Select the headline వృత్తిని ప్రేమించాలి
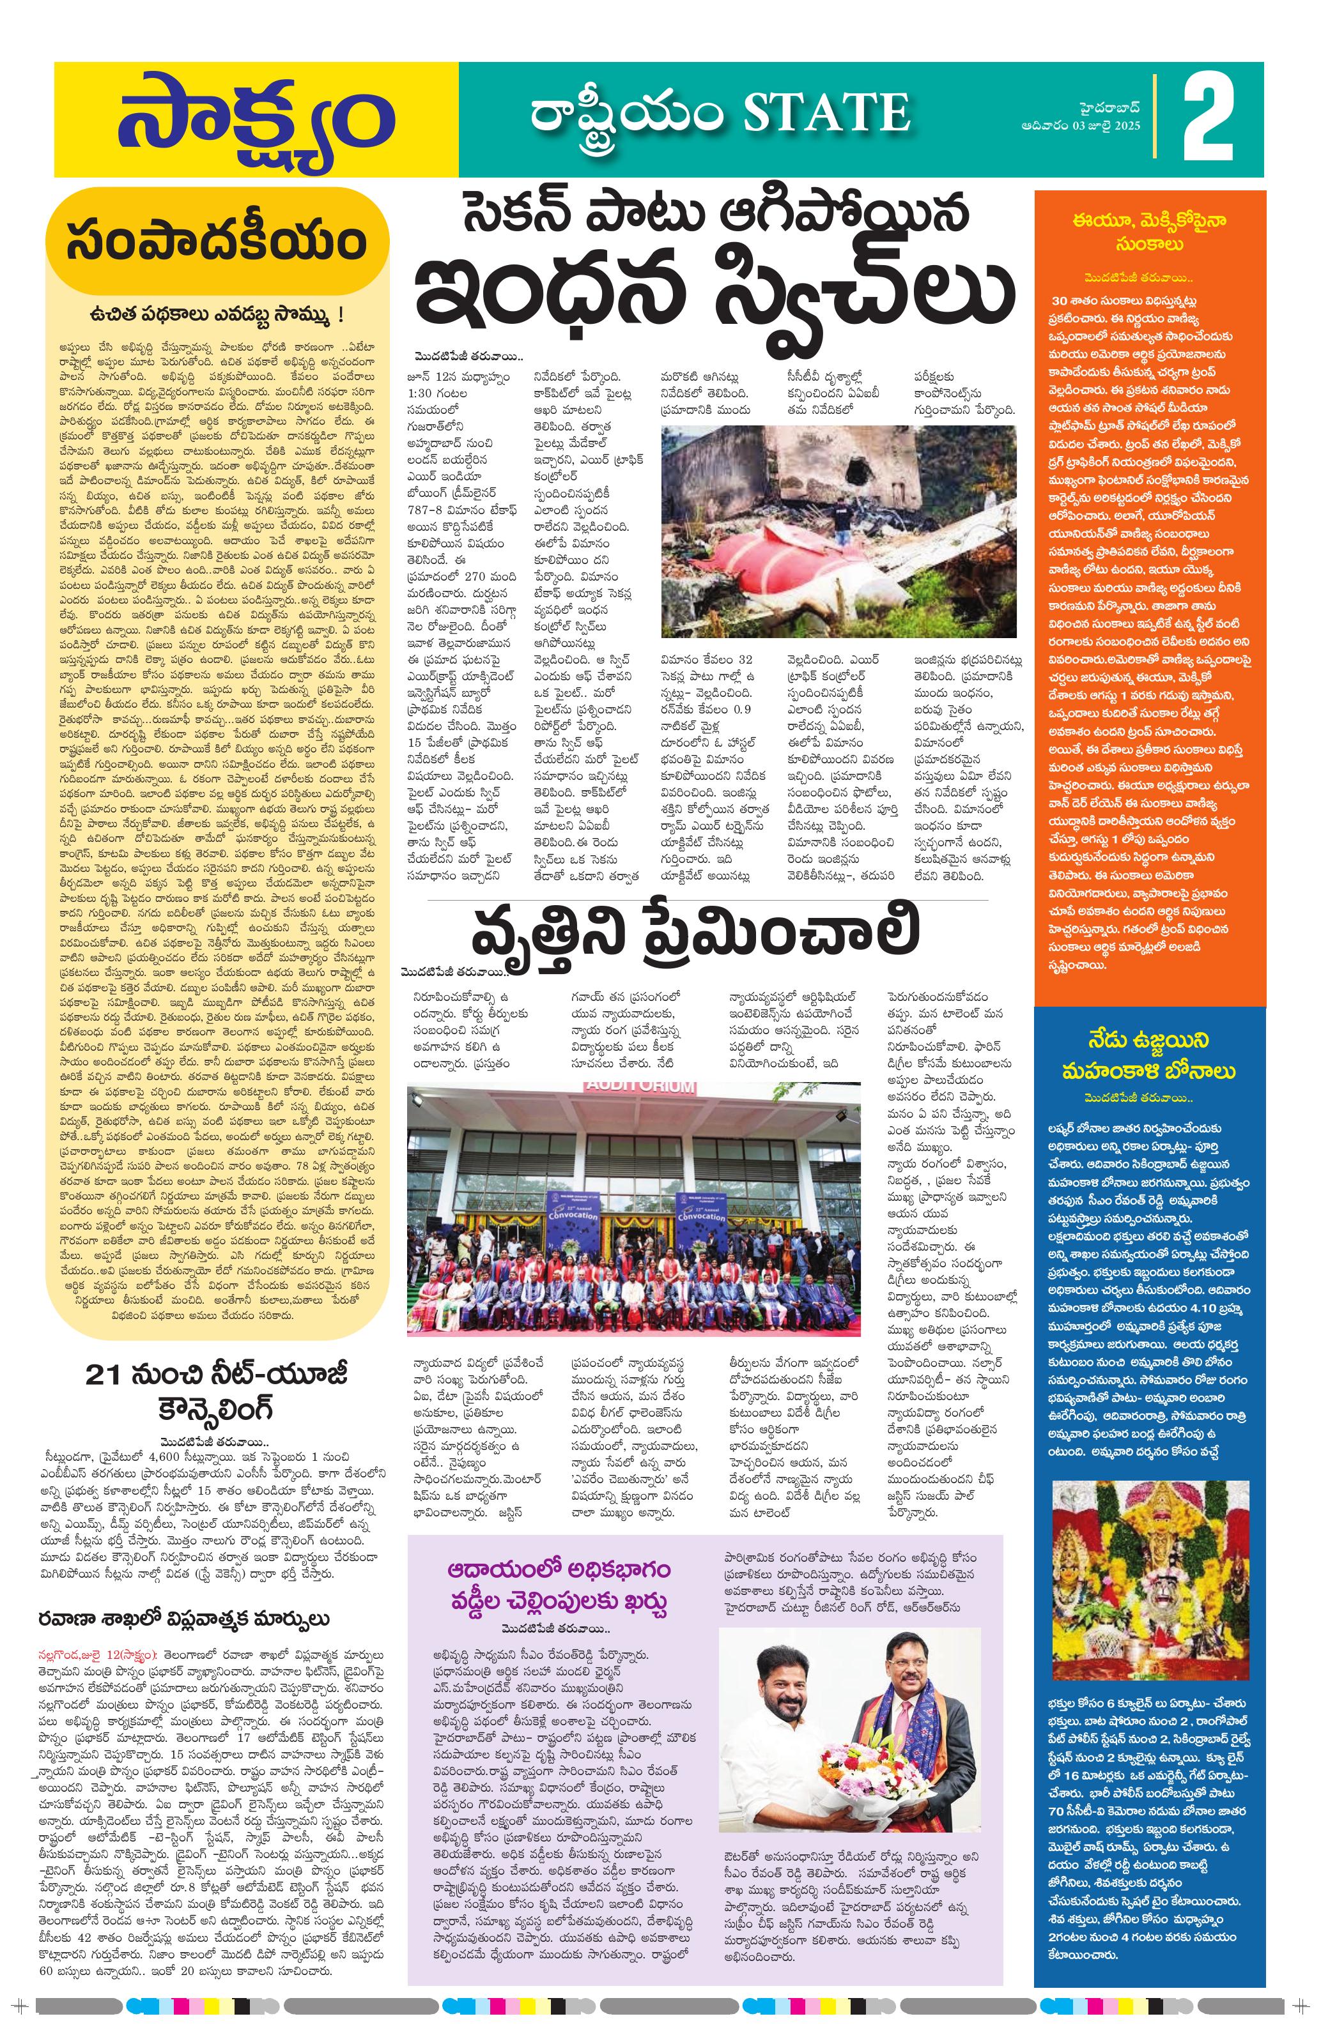coord(695,934)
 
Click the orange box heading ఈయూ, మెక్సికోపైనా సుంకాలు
coord(1149,232)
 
